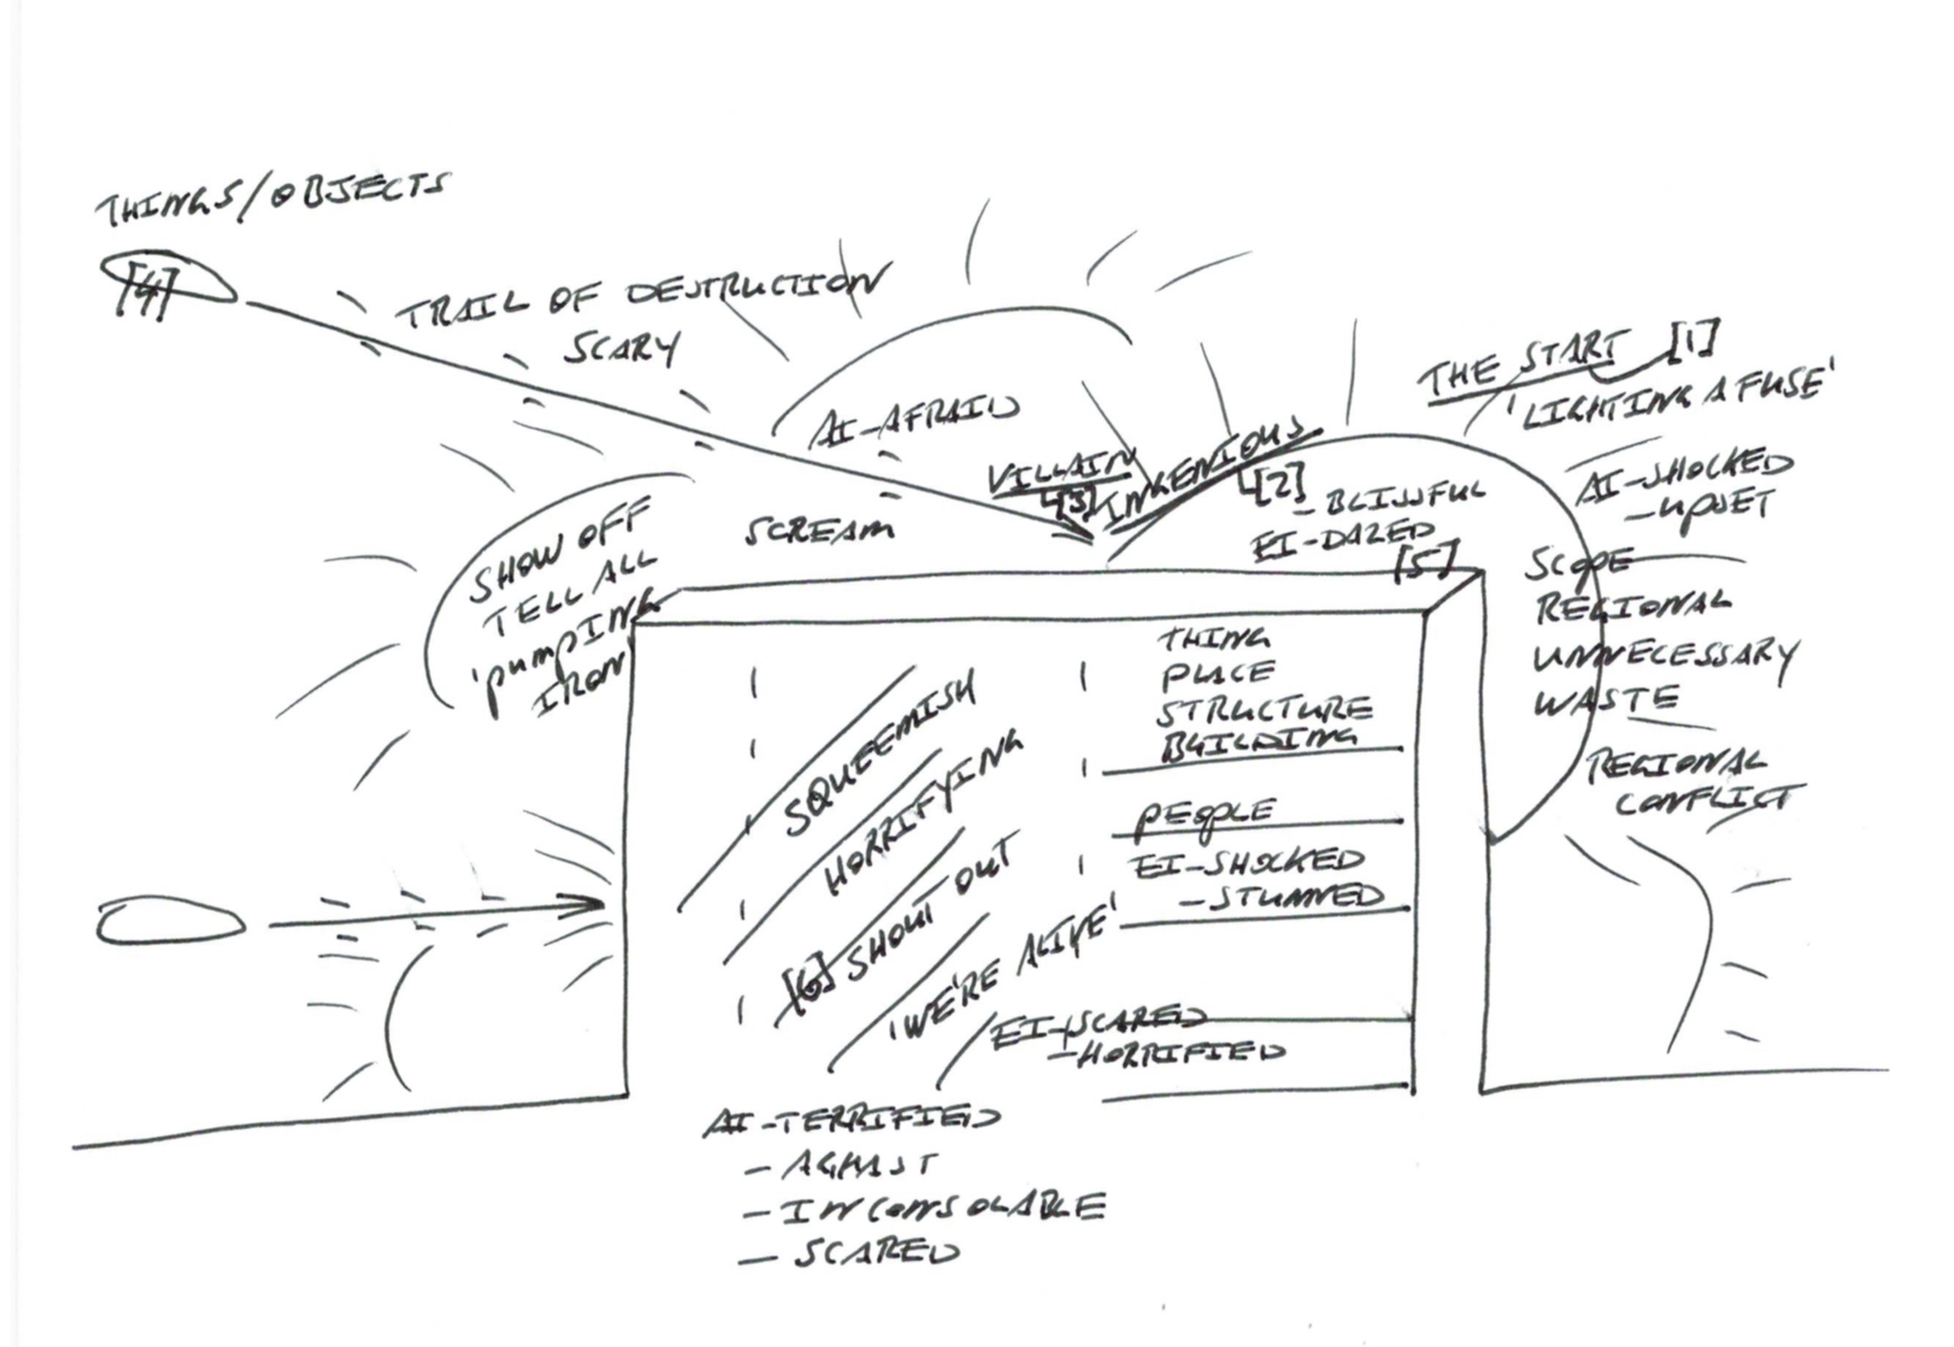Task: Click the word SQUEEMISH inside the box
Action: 877,757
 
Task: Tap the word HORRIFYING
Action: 921,811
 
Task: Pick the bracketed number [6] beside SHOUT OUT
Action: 809,989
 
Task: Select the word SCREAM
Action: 819,530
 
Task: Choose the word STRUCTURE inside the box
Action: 1263,709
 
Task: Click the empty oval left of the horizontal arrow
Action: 169,923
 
